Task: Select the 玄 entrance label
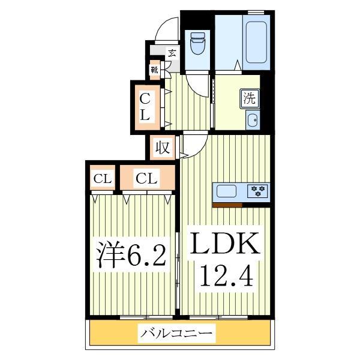pyautogui.click(x=172, y=53)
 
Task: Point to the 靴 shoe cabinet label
pyautogui.click(x=155, y=70)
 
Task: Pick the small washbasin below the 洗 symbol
pyautogui.click(x=253, y=119)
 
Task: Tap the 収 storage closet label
pyautogui.click(x=162, y=147)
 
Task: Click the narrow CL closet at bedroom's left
pyautogui.click(x=101, y=178)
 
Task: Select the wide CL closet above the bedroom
pyautogui.click(x=146, y=178)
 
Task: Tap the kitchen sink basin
pyautogui.click(x=228, y=192)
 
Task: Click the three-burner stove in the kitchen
pyautogui.click(x=258, y=192)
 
